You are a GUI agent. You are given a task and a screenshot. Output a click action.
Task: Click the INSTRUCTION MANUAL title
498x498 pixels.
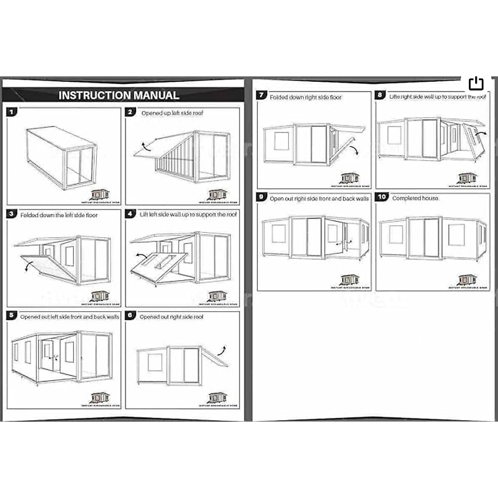(x=119, y=95)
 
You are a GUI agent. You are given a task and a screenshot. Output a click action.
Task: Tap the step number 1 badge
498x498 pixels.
(x=12, y=112)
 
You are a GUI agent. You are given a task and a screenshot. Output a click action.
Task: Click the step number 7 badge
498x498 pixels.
(x=261, y=95)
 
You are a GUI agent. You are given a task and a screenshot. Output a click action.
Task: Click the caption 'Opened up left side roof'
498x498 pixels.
(x=172, y=113)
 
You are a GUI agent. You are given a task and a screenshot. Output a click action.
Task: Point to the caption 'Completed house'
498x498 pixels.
(x=415, y=198)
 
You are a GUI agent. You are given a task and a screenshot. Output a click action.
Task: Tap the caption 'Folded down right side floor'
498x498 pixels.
(x=305, y=97)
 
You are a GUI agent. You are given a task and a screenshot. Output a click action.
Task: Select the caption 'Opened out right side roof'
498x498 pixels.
(x=171, y=317)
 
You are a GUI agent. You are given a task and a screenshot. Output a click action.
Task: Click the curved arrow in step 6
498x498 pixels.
(x=224, y=349)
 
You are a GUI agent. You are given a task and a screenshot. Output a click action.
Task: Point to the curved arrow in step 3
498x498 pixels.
(x=27, y=266)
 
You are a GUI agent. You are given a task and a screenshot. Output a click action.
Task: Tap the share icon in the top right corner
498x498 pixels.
(x=476, y=83)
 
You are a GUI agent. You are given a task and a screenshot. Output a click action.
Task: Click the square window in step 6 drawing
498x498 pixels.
(x=155, y=362)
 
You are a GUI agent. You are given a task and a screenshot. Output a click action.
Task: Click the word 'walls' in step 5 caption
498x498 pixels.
(x=112, y=317)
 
